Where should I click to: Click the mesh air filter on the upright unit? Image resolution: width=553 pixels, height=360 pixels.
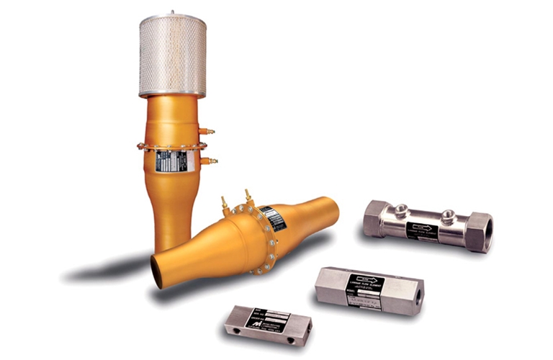pos(172,55)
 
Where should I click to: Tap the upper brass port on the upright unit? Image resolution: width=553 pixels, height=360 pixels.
pos(208,132)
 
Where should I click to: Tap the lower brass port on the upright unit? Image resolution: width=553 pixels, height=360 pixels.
pos(209,161)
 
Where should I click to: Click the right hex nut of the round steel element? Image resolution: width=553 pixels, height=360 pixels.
pos(478,231)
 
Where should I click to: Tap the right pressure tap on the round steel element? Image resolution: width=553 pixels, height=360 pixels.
pos(448,215)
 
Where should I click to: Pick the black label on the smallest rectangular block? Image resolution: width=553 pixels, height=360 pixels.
pos(266,320)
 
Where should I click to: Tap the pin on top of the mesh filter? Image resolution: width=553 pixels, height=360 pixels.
pos(172,12)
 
